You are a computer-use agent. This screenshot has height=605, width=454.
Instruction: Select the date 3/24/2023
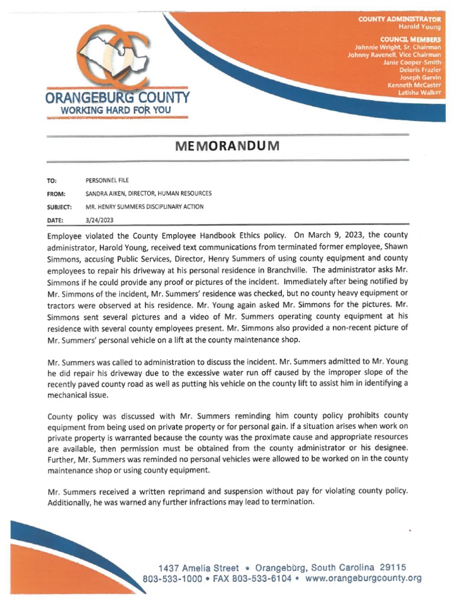[x=99, y=220]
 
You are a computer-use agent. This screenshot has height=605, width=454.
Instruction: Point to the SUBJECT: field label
[x=60, y=207]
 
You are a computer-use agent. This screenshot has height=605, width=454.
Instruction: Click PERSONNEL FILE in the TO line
[x=107, y=180]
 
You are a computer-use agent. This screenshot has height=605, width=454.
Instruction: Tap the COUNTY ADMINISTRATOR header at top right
[x=400, y=19]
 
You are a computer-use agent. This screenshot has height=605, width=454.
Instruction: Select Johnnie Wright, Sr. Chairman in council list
[x=397, y=47]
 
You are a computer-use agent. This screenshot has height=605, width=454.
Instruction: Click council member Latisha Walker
[x=420, y=93]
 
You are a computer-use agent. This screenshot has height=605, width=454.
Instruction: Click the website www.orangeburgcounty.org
[x=363, y=578]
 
